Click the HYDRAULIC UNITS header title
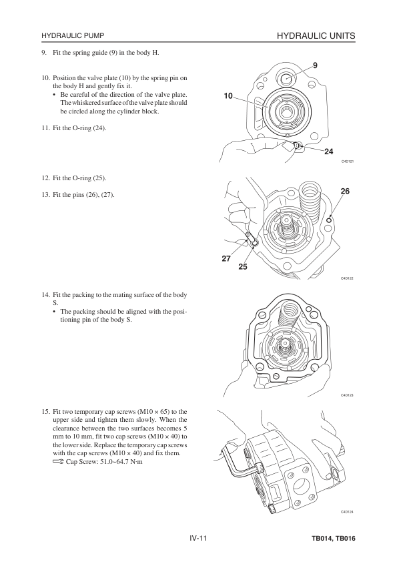tap(316, 36)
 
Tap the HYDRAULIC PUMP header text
tap(73, 36)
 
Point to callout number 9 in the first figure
tap(315, 65)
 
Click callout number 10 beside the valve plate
tap(228, 95)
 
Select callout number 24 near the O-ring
tap(328, 152)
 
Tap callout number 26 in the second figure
tap(345, 192)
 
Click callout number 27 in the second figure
tap(226, 258)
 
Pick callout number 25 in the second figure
tap(243, 267)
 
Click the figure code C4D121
tap(347, 162)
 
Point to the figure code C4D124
tap(347, 511)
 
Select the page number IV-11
tap(199, 539)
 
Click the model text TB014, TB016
tap(333, 539)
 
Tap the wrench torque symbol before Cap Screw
tap(59, 462)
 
